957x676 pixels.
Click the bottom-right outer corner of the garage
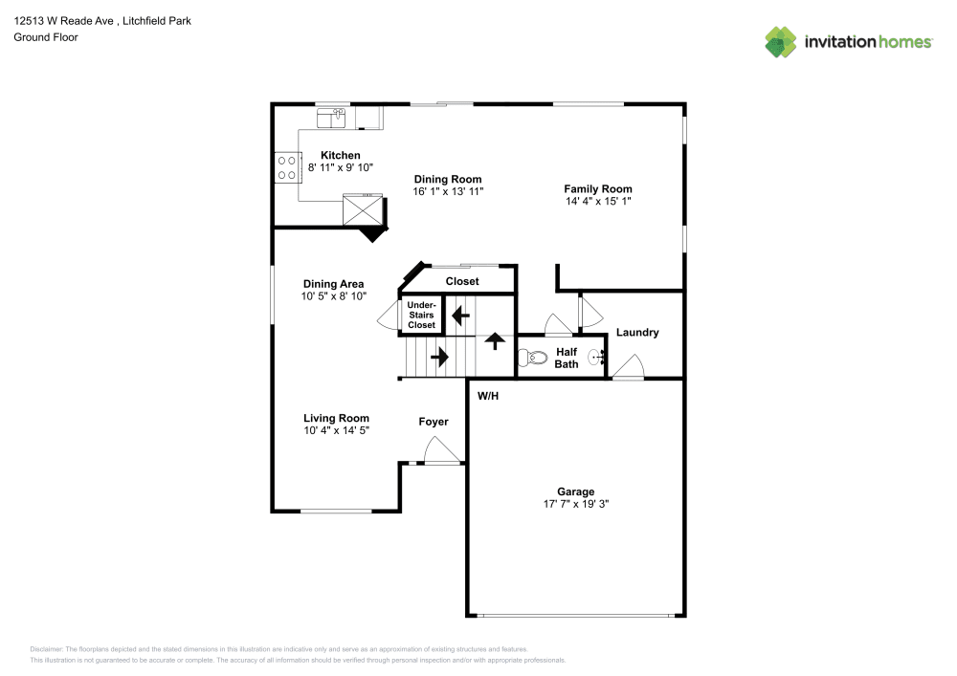(686, 617)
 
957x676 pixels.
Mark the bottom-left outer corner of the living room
(271, 512)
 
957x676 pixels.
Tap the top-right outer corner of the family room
(686, 103)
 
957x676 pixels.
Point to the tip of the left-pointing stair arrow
(453, 316)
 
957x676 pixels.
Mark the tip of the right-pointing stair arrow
(449, 357)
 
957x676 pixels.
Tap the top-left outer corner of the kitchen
(271, 103)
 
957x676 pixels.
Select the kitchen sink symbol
(331, 119)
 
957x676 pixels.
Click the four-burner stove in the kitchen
(287, 167)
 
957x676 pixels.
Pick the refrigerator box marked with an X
(363, 209)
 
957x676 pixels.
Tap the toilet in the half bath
(533, 358)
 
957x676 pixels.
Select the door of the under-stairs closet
(389, 316)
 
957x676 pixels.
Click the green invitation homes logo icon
(781, 42)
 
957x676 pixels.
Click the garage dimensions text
(576, 504)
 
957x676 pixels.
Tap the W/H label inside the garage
(488, 396)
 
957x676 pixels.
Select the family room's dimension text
(598, 201)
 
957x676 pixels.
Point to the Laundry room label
(637, 333)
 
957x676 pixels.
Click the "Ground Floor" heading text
(46, 37)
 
